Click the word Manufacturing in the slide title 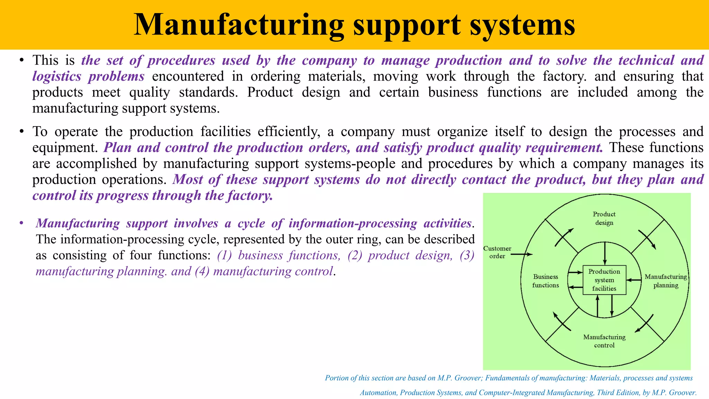pos(239,25)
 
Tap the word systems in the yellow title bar pos(522,25)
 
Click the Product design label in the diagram pos(604,219)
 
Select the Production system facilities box pos(604,280)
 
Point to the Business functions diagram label pos(546,281)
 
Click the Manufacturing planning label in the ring pos(665,281)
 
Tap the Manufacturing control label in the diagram pos(604,341)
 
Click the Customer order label pos(497,252)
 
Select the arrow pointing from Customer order pos(522,255)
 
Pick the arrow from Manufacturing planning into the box pos(634,280)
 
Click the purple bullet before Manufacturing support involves pos(21,223)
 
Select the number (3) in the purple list pos(467,255)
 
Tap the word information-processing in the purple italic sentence pos(353,223)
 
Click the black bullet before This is pos(21,60)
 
